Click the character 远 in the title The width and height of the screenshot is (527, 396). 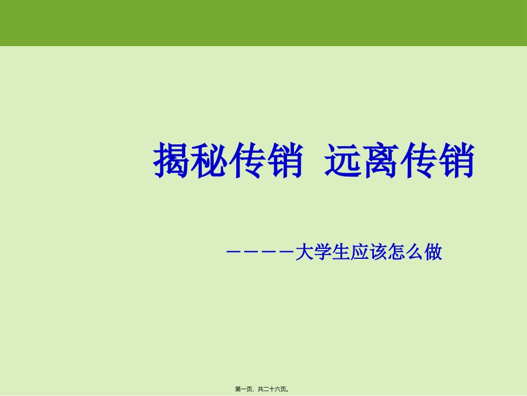click(x=343, y=161)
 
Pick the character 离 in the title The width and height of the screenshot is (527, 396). click(x=381, y=161)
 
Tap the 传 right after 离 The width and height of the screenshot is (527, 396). click(x=419, y=161)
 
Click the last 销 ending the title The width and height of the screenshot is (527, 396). click(x=457, y=161)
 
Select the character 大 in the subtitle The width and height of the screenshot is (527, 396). click(x=303, y=253)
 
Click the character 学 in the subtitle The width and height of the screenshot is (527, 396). click(x=322, y=253)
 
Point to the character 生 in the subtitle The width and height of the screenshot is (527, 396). click(x=340, y=253)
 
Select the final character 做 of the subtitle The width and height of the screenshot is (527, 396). click(x=433, y=253)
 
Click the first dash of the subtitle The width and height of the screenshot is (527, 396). click(x=232, y=253)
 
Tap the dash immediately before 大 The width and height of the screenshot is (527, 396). click(x=287, y=253)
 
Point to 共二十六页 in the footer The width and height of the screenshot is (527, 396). click(x=272, y=389)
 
